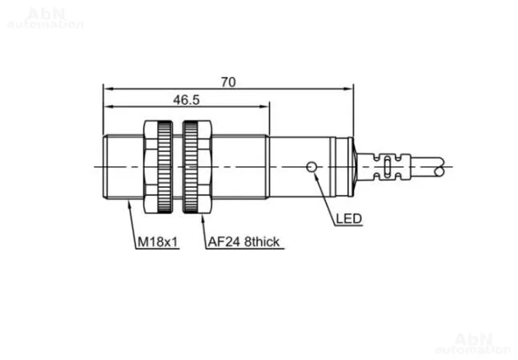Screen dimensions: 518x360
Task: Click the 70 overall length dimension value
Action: tap(228, 82)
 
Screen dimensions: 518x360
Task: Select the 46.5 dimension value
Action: tap(187, 100)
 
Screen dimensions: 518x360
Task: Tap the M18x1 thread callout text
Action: tap(158, 242)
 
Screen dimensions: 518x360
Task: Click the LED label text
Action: tap(349, 218)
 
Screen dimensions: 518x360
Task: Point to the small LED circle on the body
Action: tap(311, 167)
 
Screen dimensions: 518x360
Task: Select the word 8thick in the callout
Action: tap(262, 242)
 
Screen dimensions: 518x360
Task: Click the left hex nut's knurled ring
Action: tap(165, 167)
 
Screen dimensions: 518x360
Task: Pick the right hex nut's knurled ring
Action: tap(191, 167)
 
